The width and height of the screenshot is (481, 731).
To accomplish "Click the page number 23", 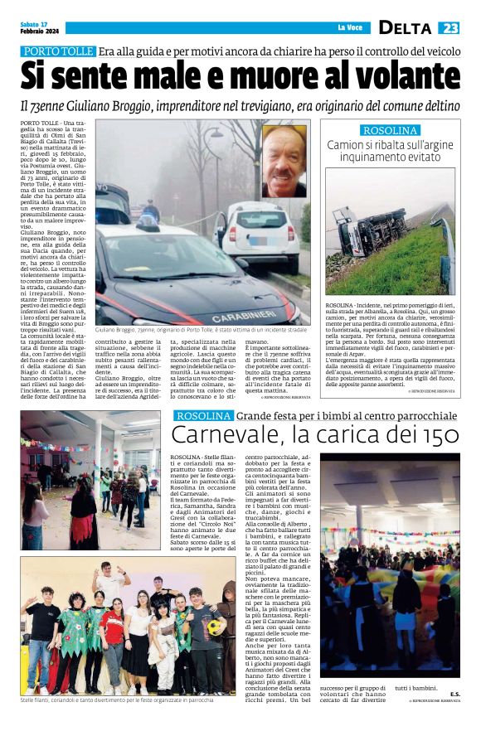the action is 449,27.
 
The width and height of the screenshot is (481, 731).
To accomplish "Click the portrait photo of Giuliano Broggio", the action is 284,161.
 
